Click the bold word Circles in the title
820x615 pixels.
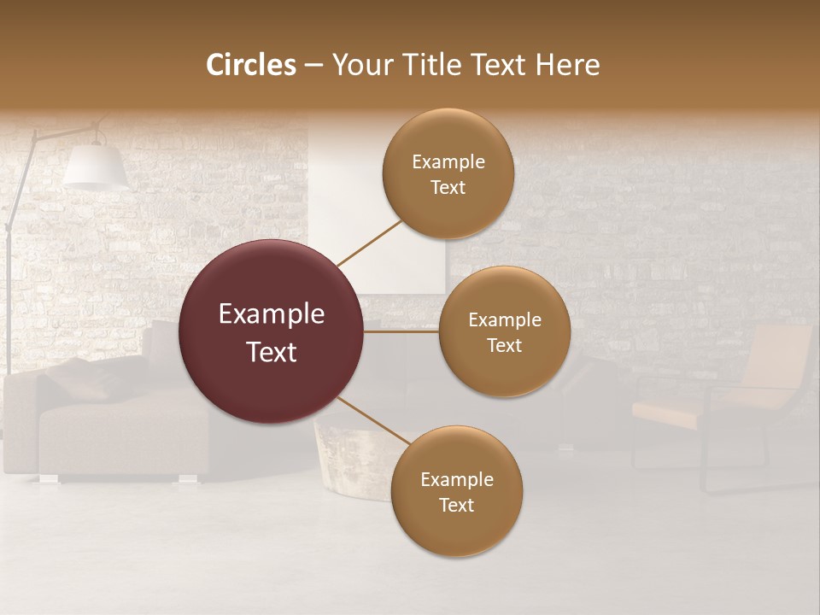pyautogui.click(x=250, y=64)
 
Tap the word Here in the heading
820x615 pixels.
pyautogui.click(x=568, y=64)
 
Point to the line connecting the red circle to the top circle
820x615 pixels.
pyautogui.click(x=369, y=243)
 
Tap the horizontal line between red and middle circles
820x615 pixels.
pyautogui.click(x=401, y=331)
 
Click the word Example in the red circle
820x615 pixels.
pyautogui.click(x=272, y=313)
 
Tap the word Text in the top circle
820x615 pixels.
pyautogui.click(x=448, y=187)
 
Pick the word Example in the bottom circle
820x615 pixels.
pyautogui.click(x=456, y=479)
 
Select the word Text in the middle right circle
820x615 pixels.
pyautogui.click(x=504, y=345)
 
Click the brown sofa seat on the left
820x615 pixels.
pyautogui.click(x=120, y=436)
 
